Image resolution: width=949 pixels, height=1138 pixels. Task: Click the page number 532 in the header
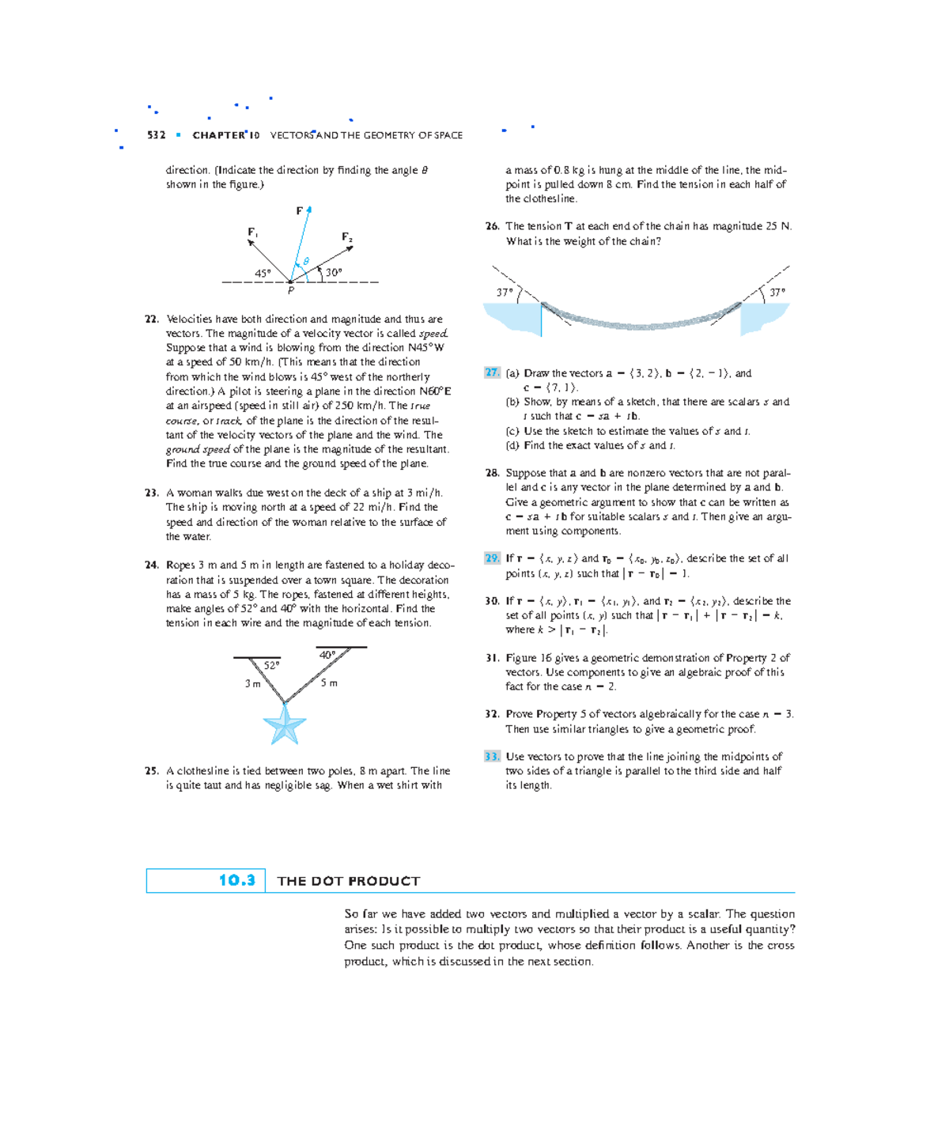[x=156, y=135]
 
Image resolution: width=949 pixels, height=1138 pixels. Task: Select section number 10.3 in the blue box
[x=236, y=880]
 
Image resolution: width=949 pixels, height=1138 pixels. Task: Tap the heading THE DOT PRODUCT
[x=349, y=881]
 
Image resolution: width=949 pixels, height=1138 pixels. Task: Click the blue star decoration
[x=284, y=724]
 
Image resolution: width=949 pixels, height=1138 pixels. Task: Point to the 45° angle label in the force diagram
[x=263, y=273]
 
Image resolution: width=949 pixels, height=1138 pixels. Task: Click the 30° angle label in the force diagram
[x=334, y=272]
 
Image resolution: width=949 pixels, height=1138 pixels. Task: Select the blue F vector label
[x=300, y=211]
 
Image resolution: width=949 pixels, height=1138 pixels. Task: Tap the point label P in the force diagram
[x=291, y=291]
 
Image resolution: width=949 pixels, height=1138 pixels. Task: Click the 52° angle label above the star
[x=271, y=666]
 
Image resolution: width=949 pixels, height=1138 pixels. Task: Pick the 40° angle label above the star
[x=327, y=655]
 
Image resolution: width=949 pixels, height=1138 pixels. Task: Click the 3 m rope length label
[x=252, y=683]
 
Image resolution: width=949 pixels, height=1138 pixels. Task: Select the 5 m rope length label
[x=329, y=682]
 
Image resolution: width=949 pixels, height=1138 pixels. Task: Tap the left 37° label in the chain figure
[x=505, y=292]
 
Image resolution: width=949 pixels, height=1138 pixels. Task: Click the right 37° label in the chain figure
[x=777, y=292]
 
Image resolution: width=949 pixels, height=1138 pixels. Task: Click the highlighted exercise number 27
[x=492, y=372]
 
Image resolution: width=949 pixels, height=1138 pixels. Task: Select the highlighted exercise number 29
[x=492, y=558]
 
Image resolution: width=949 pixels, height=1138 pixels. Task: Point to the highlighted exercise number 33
[x=492, y=757]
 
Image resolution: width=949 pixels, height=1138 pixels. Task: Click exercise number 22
[x=152, y=319]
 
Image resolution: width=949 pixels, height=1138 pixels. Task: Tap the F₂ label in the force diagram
[x=346, y=236]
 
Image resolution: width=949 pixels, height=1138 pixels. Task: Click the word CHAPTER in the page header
[x=219, y=135]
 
